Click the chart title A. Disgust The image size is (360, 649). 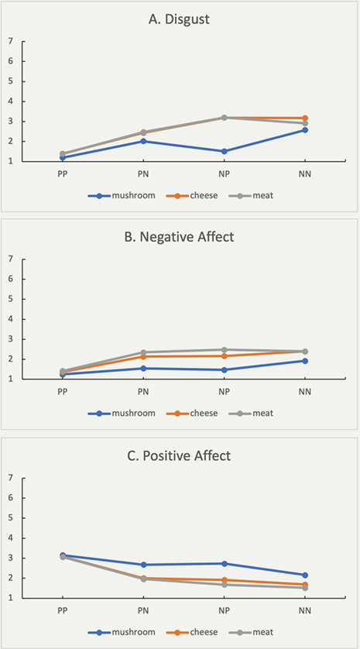179,20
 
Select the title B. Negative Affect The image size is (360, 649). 179,238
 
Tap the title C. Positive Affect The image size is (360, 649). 179,456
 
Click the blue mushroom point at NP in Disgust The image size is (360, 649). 224,152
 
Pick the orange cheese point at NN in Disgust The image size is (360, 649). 305,118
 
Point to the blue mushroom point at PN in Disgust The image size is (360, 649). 143,141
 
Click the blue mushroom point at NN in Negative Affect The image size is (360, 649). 305,361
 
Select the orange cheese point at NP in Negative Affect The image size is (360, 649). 224,356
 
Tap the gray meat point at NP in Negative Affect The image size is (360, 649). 224,350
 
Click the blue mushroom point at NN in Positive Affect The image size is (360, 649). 305,575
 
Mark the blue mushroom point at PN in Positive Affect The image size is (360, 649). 143,565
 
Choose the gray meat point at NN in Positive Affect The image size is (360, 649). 305,588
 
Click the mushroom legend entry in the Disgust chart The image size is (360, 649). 122,196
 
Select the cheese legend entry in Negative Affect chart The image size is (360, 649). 190,413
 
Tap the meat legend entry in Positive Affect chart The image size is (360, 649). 251,632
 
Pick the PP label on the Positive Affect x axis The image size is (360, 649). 63,610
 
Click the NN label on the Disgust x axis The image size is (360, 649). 305,173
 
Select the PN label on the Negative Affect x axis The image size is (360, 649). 143,392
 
